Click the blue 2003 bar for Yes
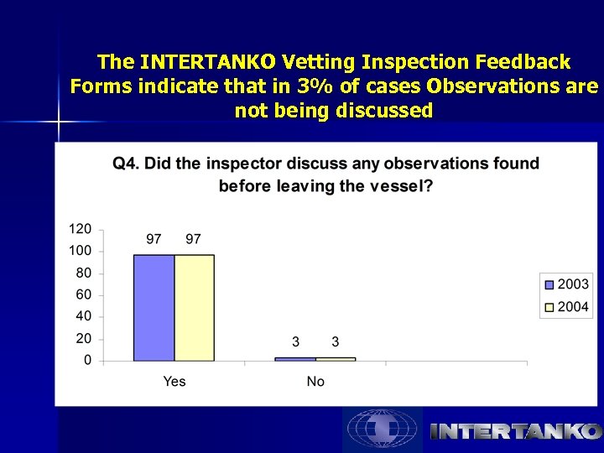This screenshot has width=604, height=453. pos(154,308)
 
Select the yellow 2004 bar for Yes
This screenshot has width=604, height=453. pos(194,308)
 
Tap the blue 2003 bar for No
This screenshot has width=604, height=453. pos(295,359)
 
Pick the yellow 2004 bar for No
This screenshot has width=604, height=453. pos(336,359)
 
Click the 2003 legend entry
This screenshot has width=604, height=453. pos(566,284)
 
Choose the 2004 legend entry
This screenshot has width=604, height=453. pos(566,307)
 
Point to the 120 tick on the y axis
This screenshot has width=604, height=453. pos(80,229)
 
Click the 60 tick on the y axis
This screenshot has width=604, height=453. pos(84,295)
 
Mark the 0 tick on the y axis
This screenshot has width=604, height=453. pos(87,362)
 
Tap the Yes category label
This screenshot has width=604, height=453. pos(174,382)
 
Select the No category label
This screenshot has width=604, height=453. pos(315,382)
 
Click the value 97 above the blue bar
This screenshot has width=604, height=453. pos(154,239)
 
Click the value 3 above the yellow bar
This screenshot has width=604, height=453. pos(336,341)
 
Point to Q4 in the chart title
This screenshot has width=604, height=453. pos(125,164)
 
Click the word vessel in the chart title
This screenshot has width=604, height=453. pos(399,185)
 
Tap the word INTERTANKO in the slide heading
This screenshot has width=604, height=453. pos(210,62)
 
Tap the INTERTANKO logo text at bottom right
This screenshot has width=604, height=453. pos(515,431)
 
